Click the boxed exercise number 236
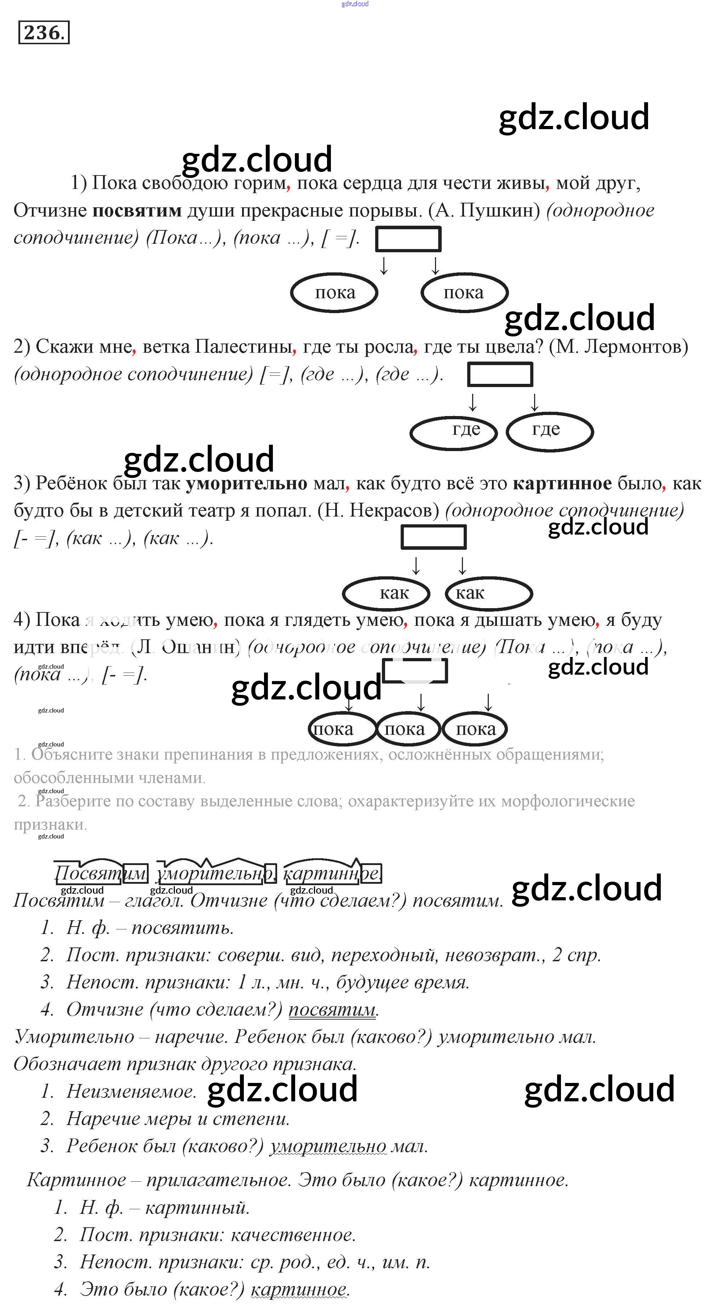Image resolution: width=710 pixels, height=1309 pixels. click(43, 33)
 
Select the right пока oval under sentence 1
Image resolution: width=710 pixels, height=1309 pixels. click(464, 293)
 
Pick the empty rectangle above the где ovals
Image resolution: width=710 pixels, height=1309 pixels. click(500, 375)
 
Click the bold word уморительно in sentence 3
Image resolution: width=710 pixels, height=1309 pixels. click(246, 483)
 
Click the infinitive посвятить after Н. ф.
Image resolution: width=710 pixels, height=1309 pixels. click(183, 928)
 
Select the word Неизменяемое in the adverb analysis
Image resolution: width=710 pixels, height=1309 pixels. click(131, 1091)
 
